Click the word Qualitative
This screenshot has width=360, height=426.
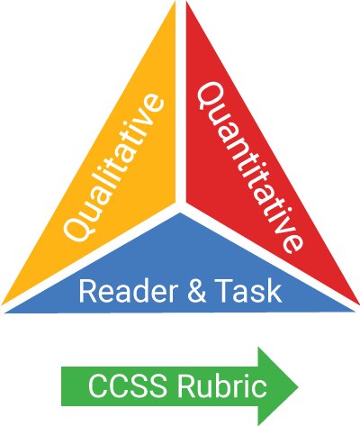click(x=113, y=168)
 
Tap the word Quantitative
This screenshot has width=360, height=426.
click(x=249, y=168)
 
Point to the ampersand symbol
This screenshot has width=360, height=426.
click(x=197, y=291)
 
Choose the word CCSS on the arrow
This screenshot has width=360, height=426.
click(x=128, y=386)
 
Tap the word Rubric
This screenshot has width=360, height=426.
click(x=222, y=385)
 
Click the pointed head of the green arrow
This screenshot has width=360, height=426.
click(x=298, y=386)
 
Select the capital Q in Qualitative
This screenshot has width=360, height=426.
click(x=77, y=227)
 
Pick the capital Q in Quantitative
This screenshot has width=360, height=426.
click(x=211, y=95)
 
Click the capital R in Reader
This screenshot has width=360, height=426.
click(x=87, y=291)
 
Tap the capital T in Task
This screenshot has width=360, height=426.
click(x=223, y=291)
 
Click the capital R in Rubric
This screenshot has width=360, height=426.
click(x=186, y=386)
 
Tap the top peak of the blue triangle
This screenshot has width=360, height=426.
click(x=180, y=213)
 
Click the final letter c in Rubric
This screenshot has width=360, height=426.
click(x=259, y=389)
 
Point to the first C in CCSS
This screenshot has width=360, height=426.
click(x=98, y=386)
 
